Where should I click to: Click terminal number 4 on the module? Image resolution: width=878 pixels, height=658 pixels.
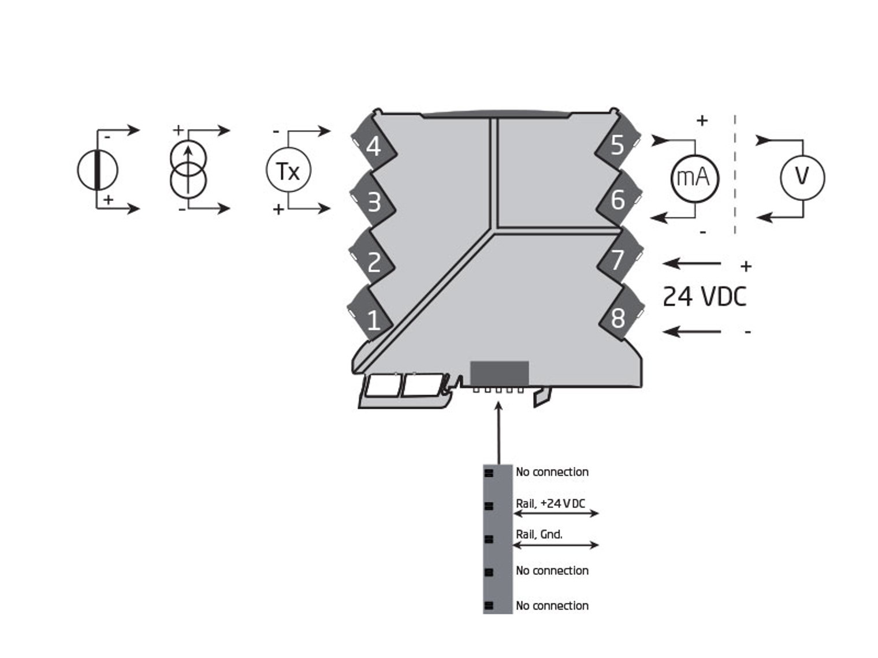click(374, 147)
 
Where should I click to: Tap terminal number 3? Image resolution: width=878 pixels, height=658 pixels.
click(374, 202)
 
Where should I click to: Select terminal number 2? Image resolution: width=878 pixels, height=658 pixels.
click(374, 263)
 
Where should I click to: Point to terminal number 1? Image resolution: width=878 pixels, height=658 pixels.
click(373, 319)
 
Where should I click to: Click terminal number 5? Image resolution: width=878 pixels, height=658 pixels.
click(617, 145)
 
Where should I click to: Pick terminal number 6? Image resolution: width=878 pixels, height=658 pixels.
click(617, 200)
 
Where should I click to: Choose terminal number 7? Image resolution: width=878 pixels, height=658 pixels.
click(617, 260)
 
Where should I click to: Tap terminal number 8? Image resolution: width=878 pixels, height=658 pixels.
click(617, 318)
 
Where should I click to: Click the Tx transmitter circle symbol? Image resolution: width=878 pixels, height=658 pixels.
click(288, 170)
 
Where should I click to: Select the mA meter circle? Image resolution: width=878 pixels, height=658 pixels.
click(694, 177)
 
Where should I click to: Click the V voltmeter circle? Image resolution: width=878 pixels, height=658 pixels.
click(802, 177)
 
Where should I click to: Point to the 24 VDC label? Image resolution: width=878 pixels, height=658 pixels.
click(704, 297)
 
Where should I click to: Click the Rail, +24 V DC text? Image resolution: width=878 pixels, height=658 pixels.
click(550, 503)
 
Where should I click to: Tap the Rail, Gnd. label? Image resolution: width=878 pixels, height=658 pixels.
click(539, 534)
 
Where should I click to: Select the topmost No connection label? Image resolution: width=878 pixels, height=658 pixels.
click(552, 472)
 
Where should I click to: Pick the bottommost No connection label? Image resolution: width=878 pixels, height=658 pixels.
click(552, 605)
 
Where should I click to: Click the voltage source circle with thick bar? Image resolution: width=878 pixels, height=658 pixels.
click(98, 170)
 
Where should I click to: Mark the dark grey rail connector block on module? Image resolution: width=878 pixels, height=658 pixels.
click(500, 373)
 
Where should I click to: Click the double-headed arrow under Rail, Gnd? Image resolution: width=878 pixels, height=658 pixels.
click(556, 545)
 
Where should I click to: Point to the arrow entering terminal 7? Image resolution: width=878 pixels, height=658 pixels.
click(692, 264)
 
